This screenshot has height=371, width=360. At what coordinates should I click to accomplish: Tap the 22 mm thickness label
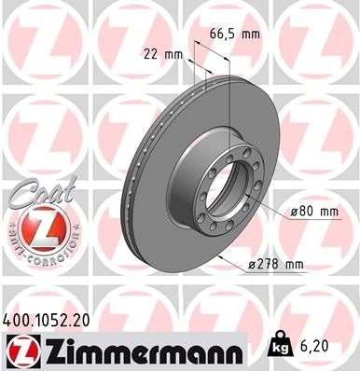[x=161, y=55]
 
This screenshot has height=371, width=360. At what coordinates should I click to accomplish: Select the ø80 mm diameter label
[x=312, y=213]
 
